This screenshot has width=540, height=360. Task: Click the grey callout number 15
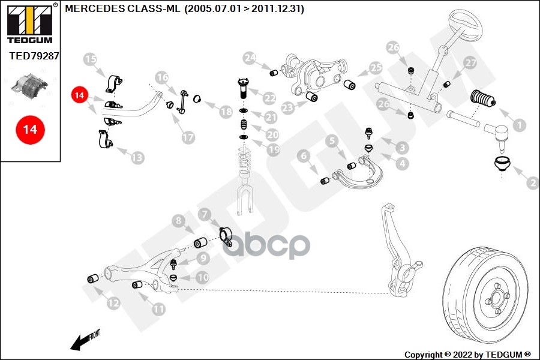[x=91, y=59]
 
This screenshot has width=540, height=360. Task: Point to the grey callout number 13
[x=137, y=158]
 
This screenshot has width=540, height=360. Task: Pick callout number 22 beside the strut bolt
[x=269, y=98]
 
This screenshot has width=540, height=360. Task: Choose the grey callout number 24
[x=250, y=58]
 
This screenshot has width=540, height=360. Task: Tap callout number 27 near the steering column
[x=470, y=62]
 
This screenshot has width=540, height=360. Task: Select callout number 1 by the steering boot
[x=519, y=125]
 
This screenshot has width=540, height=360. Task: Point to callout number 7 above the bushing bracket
[x=205, y=214]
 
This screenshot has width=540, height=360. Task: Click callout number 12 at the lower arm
[x=113, y=304]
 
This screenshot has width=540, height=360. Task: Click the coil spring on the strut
[x=244, y=159]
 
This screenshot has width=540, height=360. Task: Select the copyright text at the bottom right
[x=467, y=354]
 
